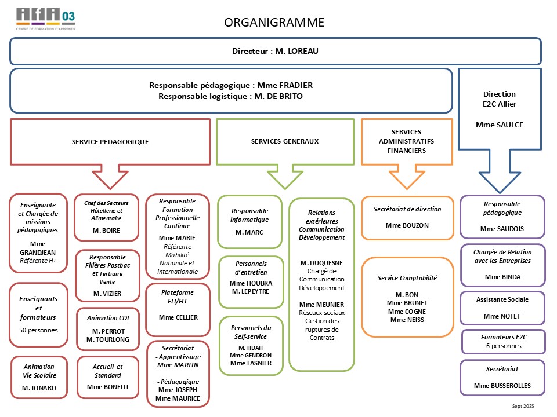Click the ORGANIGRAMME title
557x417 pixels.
274,23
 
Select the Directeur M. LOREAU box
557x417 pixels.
275,51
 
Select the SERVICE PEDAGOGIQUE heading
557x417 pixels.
110,141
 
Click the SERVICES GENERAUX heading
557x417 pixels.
285,141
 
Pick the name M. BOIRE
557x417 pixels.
107,231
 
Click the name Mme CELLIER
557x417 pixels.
178,317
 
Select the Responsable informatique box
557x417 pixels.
249,221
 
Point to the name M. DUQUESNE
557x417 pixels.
321,263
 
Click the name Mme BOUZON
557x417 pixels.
407,225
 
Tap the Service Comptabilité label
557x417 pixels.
407,278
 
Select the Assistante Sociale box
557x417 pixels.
502,308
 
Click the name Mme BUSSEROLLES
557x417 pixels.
502,386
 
